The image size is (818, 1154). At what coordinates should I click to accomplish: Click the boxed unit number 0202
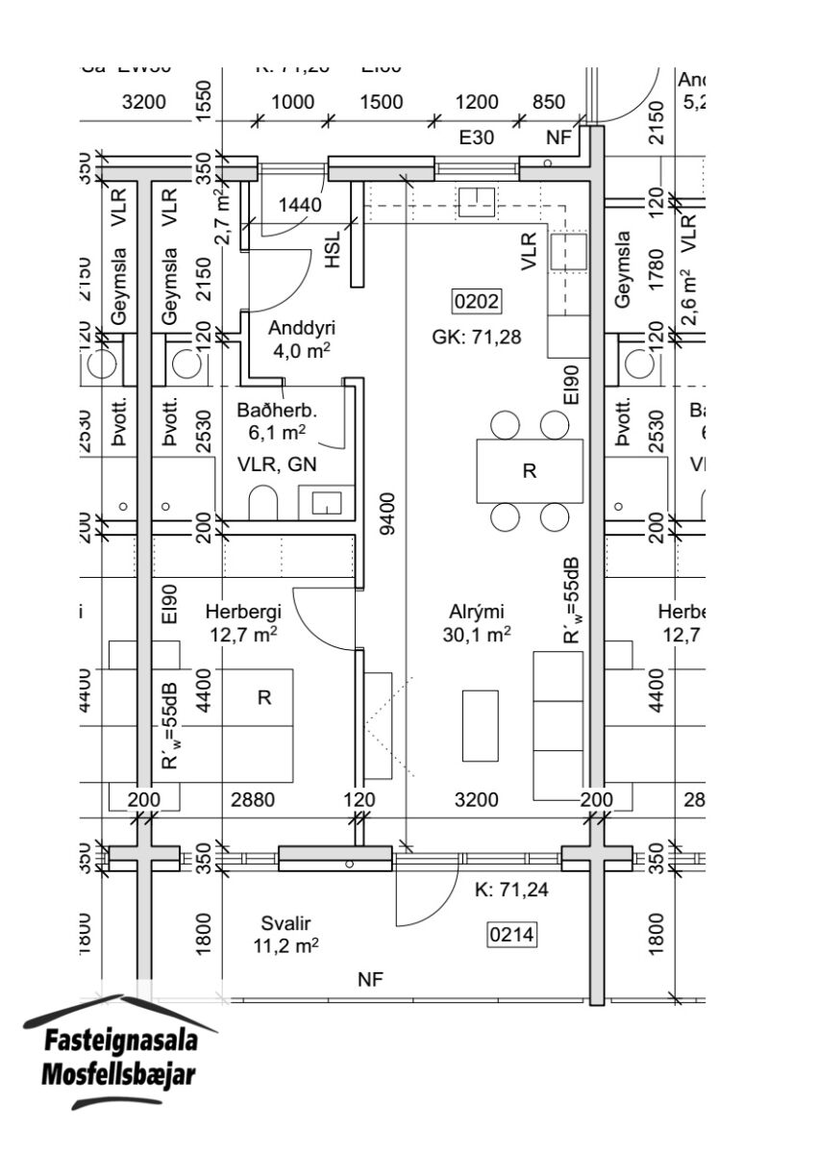pos(478,302)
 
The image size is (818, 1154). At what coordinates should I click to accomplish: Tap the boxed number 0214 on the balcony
pos(512,933)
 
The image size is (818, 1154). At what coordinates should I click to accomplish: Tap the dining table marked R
pos(530,470)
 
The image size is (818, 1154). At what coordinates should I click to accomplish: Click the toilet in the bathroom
pos(262,501)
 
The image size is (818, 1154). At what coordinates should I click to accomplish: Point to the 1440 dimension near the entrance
pos(300,204)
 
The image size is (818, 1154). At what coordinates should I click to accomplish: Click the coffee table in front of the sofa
pos(480,725)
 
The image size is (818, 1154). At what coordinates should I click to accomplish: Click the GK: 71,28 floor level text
pos(478,337)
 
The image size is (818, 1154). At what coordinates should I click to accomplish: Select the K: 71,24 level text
pos(511,891)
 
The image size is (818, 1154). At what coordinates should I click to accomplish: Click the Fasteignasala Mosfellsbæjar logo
pos(119,1055)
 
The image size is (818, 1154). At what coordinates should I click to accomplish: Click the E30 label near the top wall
pos(476,138)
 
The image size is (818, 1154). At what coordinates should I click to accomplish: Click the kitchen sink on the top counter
pos(477,202)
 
